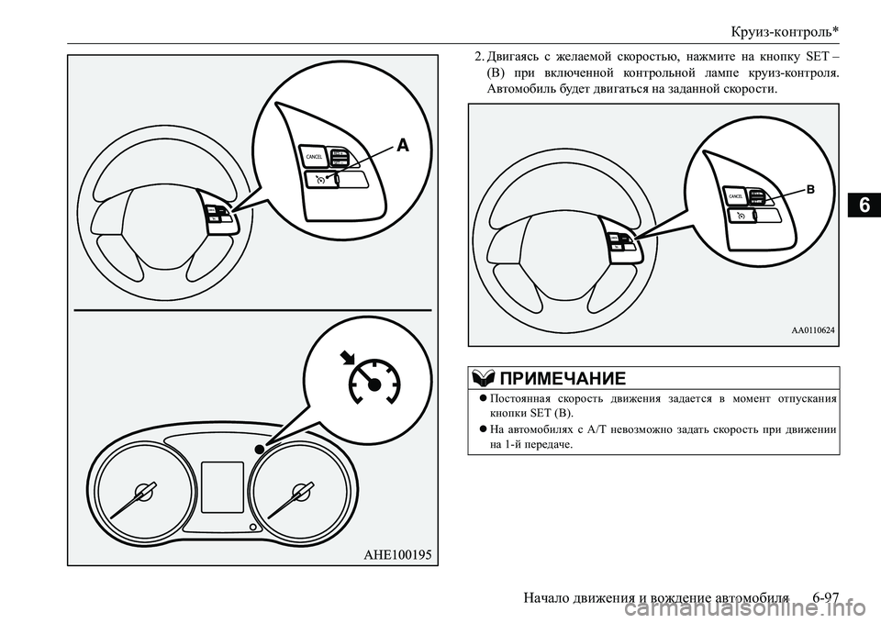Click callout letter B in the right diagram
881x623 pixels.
(x=810, y=187)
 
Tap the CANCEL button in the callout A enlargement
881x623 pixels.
(x=312, y=158)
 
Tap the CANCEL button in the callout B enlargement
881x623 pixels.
(x=736, y=196)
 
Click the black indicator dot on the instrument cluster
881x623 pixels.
(x=261, y=449)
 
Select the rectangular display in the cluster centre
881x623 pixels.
(x=221, y=486)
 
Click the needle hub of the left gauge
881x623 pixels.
(x=143, y=492)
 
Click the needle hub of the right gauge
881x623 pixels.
(x=298, y=492)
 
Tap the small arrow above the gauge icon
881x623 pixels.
(x=350, y=357)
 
